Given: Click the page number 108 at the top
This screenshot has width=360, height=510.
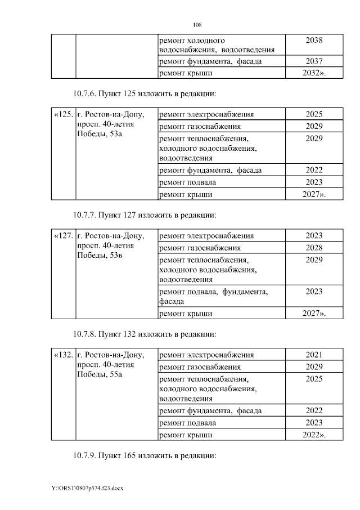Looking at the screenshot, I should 197,25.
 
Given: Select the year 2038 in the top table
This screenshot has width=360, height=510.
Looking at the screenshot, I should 314,41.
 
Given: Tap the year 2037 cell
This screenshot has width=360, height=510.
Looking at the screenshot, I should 314,61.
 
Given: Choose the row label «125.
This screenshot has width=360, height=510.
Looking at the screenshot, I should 63,114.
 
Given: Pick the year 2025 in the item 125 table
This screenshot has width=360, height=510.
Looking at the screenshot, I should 314,114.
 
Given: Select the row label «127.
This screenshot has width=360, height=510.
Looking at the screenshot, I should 63,236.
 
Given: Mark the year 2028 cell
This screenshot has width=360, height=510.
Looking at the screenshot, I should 314,248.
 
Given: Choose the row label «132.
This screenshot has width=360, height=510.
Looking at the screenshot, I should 63,355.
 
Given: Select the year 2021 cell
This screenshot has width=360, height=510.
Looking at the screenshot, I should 314,355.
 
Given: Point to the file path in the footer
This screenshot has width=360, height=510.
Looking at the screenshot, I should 87,488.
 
